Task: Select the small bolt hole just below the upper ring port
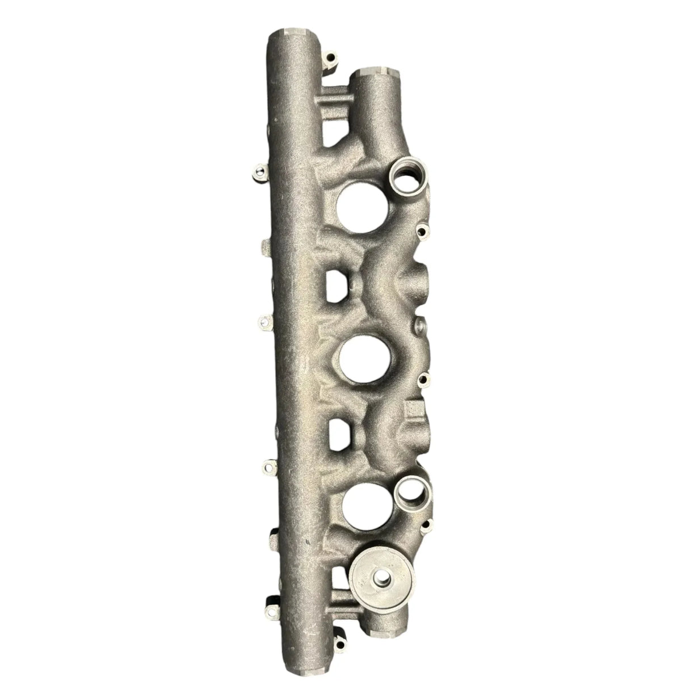421,230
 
